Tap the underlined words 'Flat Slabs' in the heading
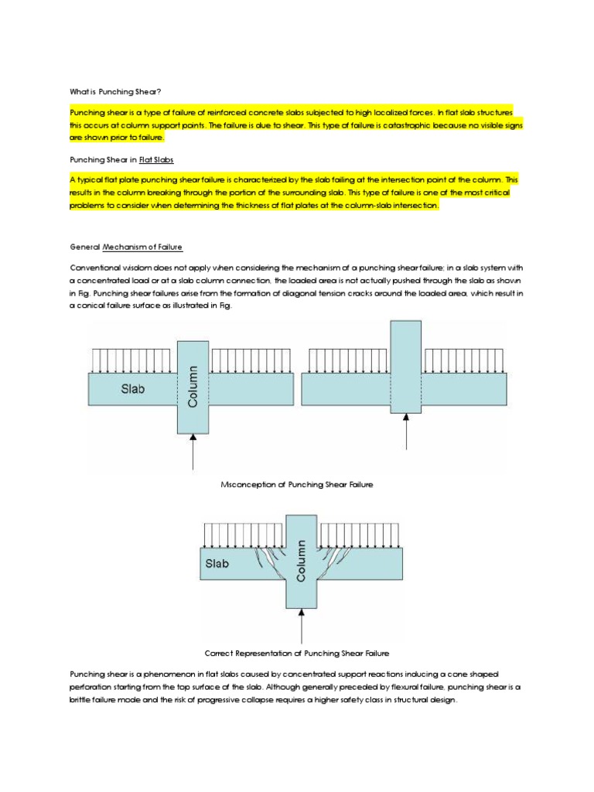coord(156,159)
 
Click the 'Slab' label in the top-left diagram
coord(131,389)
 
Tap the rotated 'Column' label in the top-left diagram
coord(193,387)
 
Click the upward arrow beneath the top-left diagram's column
coord(193,452)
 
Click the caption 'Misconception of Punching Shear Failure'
coord(297,484)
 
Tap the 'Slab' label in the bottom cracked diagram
coord(217,564)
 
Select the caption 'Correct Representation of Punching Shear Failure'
coord(297,653)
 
